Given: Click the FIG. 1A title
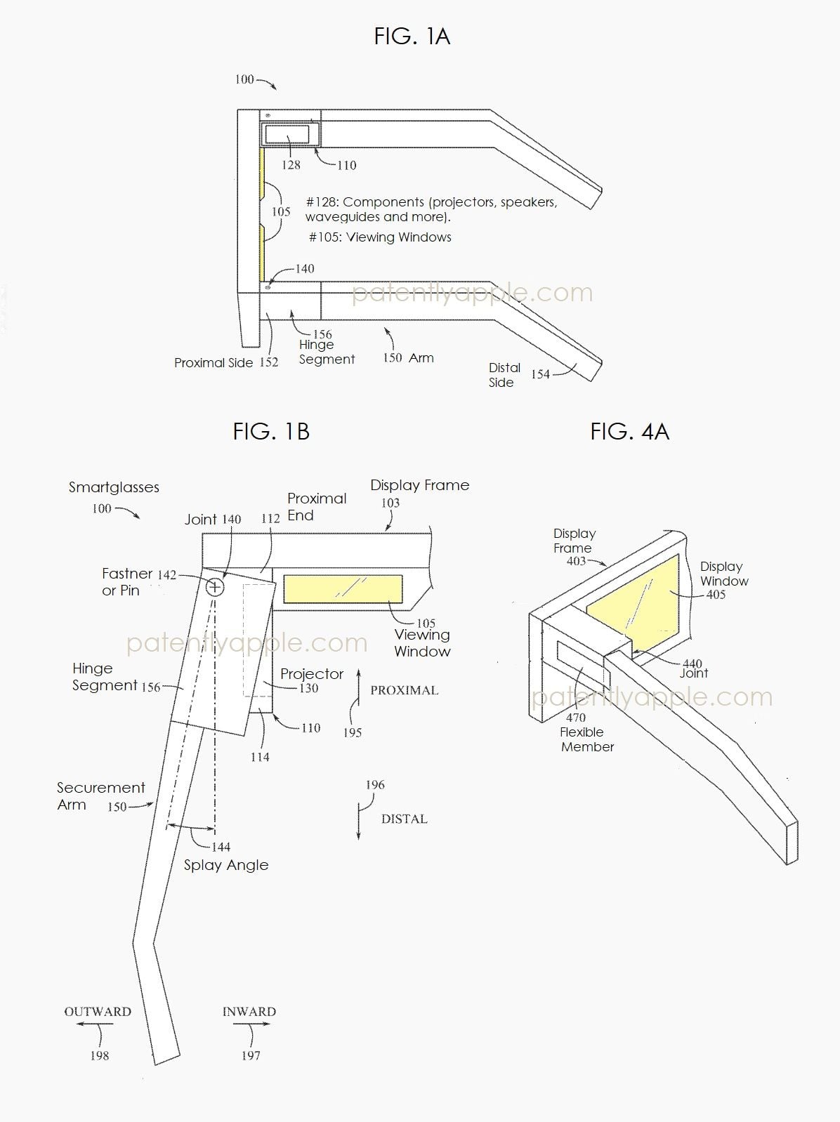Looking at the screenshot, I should click(412, 36).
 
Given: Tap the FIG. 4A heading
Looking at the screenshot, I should click(629, 431).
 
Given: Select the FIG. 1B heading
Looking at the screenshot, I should click(271, 431).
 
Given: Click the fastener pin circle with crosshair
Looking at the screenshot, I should click(215, 586).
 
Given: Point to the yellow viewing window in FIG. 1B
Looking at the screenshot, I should click(343, 589).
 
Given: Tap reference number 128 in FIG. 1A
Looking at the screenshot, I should click(291, 165).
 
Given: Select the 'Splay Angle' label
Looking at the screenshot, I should click(226, 865).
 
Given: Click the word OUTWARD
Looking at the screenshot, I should click(98, 1012).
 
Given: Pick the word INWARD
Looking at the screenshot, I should click(249, 1012).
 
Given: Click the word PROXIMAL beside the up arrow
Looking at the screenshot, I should click(405, 690).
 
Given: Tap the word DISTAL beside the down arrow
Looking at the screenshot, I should click(405, 819).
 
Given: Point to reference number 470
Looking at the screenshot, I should click(576, 718).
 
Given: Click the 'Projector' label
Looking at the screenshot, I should click(312, 674).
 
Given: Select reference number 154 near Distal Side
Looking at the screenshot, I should click(540, 374).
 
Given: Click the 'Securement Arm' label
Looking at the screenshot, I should click(100, 796).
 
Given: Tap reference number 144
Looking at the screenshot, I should click(221, 847).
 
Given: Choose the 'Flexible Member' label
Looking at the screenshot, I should click(587, 739).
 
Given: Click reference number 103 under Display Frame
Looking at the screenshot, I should click(391, 503).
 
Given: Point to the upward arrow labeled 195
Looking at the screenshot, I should click(359, 695).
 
